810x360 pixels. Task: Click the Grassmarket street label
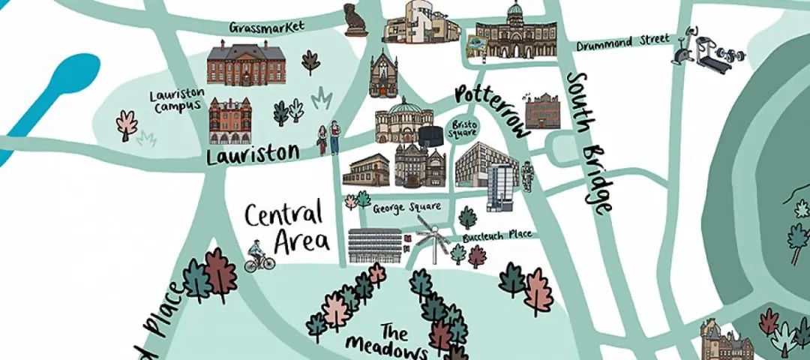(x=268, y=27)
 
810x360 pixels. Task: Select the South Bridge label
(x=590, y=142)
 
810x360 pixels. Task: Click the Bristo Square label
(x=462, y=128)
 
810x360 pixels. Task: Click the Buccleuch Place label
(x=497, y=235)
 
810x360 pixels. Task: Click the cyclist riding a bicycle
(x=259, y=257)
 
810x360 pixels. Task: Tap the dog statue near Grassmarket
(x=352, y=19)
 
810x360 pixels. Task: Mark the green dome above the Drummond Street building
(x=514, y=11)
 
